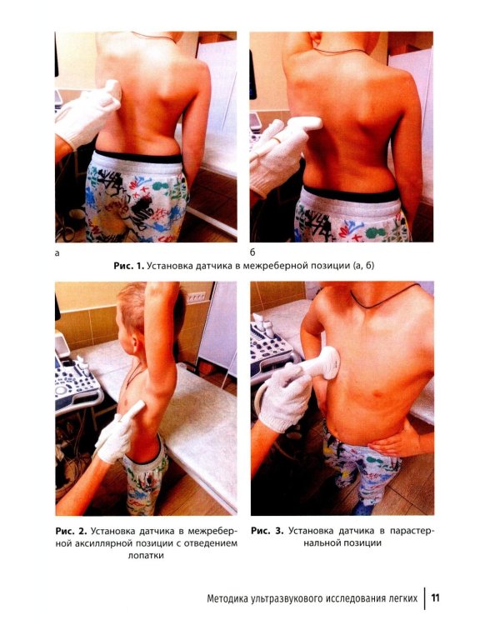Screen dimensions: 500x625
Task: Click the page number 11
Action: (435, 597)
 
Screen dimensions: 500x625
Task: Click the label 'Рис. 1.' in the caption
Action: (128, 266)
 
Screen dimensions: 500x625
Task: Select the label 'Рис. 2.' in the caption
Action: (71, 531)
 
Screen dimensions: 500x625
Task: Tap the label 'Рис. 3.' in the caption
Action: (267, 531)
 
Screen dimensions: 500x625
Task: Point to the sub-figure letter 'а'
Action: (57, 252)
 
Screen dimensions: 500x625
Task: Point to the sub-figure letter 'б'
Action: (252, 252)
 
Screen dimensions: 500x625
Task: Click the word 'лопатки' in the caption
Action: (146, 555)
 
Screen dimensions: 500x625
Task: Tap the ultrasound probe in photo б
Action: (302, 125)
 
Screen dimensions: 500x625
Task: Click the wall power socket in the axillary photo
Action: (197, 297)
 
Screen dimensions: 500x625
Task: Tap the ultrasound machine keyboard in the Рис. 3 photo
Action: (268, 351)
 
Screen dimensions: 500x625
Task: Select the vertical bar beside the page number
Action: (425, 597)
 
